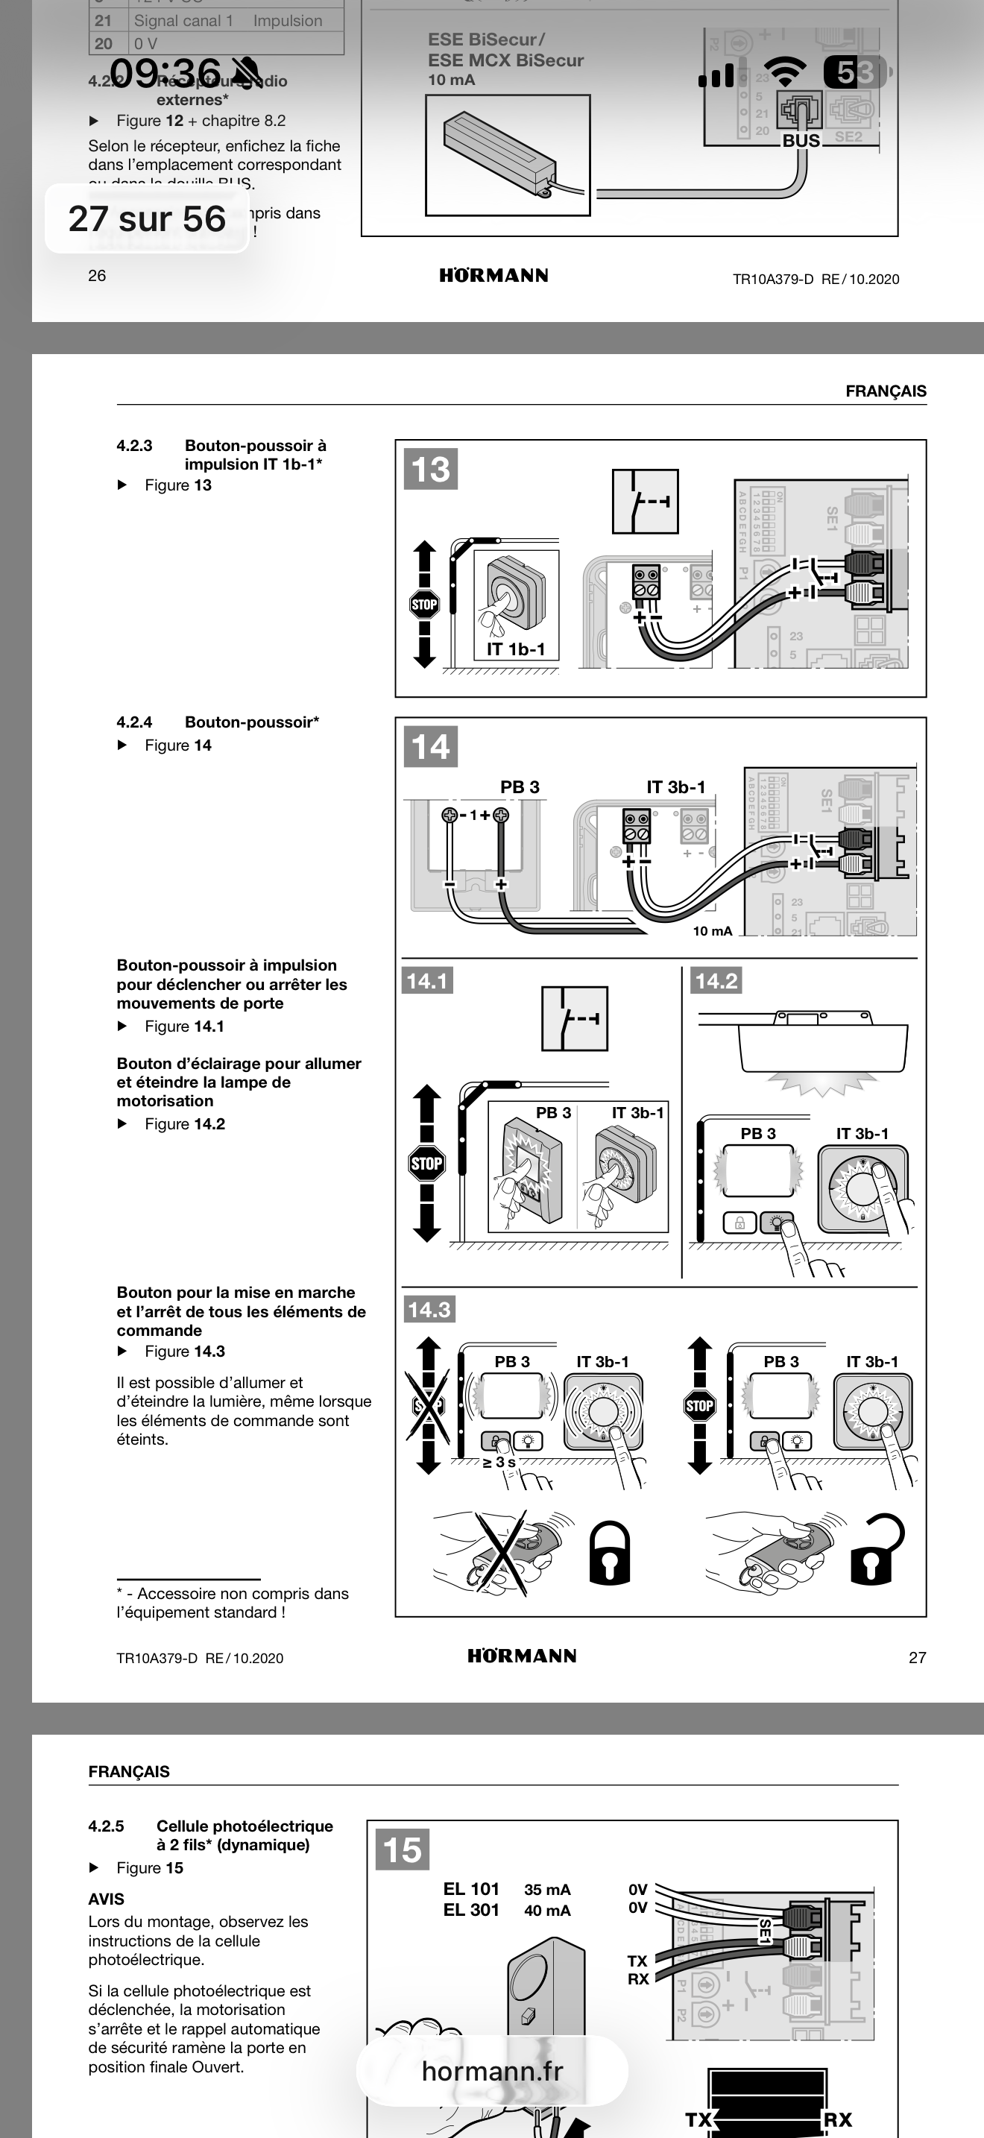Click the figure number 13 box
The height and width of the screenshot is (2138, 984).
pos(431,469)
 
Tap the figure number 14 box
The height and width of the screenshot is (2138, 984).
pos(431,746)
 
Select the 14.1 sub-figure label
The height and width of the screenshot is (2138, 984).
pos(426,981)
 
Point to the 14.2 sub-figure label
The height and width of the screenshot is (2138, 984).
pos(716,981)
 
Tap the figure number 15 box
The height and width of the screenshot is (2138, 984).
pos(403,1850)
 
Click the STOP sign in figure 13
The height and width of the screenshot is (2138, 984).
pos(424,605)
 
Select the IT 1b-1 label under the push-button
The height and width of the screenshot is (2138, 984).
pos(515,649)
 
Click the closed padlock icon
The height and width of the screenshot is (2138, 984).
pos(609,1553)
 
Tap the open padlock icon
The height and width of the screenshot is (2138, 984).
pos(875,1550)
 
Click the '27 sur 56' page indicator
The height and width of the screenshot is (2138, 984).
pos(147,218)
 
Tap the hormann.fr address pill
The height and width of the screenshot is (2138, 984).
pos(492,2071)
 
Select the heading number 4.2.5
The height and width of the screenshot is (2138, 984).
pos(106,1826)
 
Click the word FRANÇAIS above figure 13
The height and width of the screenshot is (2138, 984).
pos(886,391)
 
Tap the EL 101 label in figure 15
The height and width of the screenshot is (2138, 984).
pos(471,1889)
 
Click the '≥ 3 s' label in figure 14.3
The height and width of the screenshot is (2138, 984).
pos(499,1462)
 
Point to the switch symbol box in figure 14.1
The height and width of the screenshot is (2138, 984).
pos(574,1018)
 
